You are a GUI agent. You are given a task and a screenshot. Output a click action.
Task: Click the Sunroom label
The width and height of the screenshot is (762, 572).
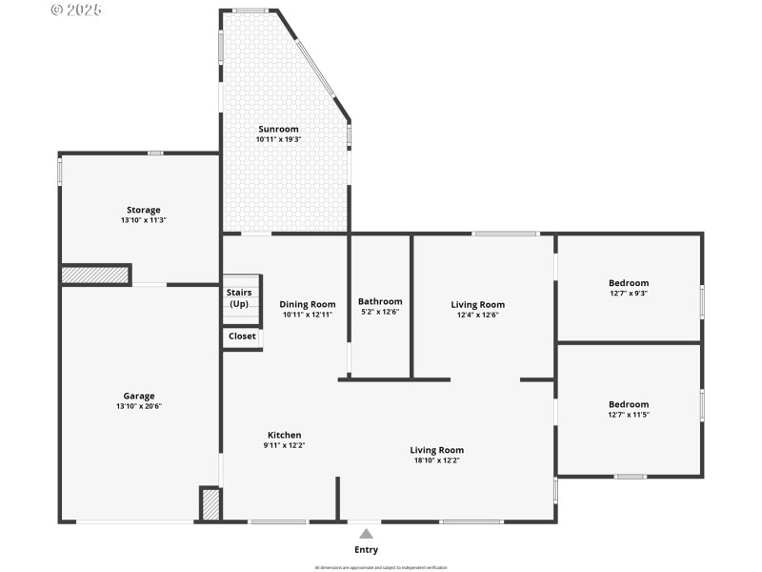pos(278,129)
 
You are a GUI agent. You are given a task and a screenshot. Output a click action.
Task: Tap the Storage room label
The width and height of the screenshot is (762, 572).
pos(144,210)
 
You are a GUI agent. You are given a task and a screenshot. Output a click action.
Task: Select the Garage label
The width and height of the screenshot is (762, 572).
pos(138,396)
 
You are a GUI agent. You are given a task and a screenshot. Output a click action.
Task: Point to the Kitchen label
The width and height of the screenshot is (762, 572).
pos(284,435)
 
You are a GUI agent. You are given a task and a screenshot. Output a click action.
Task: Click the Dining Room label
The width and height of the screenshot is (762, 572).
pos(307,304)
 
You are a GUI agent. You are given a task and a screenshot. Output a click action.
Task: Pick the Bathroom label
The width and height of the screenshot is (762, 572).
pos(380,301)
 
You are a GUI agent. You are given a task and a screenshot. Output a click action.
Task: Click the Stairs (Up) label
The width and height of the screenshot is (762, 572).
pos(239,298)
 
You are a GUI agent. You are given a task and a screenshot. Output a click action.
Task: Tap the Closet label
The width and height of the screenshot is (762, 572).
pos(242,337)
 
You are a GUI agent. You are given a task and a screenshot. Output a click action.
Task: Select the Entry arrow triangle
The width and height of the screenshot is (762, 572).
pos(366,534)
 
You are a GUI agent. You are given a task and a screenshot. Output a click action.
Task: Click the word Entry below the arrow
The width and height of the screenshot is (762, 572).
pos(366,550)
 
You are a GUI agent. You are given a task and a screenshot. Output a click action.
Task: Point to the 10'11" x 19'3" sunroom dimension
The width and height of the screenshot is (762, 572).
pos(278,140)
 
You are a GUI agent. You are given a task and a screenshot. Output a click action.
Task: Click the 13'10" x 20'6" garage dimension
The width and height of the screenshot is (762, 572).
pos(138,407)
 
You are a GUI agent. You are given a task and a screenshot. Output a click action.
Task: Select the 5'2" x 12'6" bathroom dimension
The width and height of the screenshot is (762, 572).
pos(380,313)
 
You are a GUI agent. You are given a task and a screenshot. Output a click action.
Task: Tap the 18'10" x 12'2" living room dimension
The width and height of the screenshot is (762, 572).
pos(437,460)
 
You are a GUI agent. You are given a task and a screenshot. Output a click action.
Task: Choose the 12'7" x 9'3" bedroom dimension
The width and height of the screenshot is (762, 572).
pos(629,294)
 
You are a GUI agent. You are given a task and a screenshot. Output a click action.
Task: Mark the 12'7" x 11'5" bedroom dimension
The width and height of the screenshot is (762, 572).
pos(629,415)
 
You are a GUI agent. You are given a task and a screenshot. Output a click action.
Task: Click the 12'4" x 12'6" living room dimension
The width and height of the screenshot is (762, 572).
pos(477,316)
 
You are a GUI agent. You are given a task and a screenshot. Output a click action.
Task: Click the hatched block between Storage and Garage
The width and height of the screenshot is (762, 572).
pos(95,275)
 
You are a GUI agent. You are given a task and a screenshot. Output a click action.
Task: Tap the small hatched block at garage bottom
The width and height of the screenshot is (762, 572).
pos(211,504)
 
